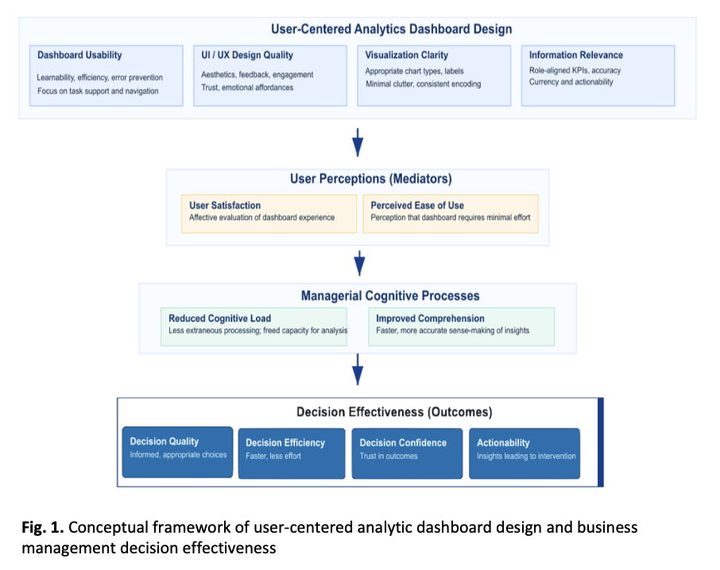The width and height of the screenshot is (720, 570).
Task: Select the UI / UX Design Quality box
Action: click(270, 75)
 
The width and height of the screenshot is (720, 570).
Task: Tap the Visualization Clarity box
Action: click(434, 75)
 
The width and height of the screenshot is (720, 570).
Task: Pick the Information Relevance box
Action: click(598, 75)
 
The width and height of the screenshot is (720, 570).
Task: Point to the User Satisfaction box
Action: click(269, 214)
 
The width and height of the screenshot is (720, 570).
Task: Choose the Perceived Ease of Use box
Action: click(450, 214)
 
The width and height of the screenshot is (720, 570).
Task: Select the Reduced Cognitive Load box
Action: click(254, 326)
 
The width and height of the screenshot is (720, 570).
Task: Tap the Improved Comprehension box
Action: click(461, 326)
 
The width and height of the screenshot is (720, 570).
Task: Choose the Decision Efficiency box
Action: click(292, 453)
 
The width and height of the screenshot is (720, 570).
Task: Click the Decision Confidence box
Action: click(407, 453)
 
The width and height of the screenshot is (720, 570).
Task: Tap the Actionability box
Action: click(525, 453)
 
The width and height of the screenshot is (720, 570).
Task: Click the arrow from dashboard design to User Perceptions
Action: click(358, 141)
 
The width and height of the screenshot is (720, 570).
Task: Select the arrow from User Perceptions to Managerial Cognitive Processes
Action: click(358, 260)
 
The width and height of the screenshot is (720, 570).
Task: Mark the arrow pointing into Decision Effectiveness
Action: click(358, 370)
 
